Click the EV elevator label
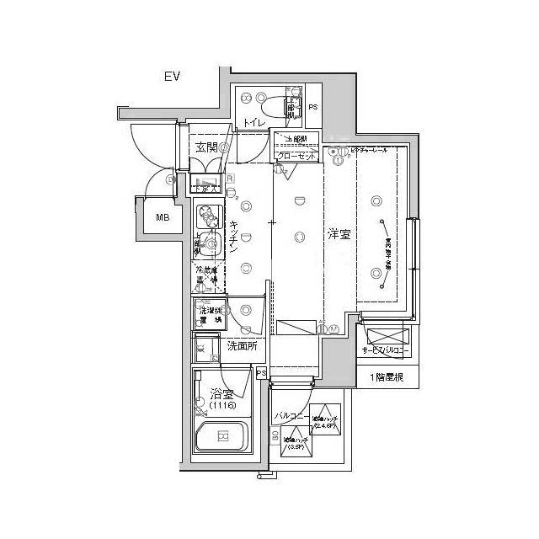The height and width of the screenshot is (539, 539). pyautogui.click(x=173, y=77)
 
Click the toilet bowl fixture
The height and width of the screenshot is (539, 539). pyautogui.click(x=275, y=108)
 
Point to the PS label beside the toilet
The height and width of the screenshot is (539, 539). pyautogui.click(x=312, y=108)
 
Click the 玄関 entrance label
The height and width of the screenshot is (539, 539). pyautogui.click(x=205, y=148)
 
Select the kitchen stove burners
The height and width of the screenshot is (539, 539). pyautogui.click(x=205, y=218)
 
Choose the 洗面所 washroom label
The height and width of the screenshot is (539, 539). pyautogui.click(x=242, y=345)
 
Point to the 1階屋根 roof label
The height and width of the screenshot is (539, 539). pyautogui.click(x=386, y=377)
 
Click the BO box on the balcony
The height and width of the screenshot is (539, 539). pyautogui.click(x=275, y=435)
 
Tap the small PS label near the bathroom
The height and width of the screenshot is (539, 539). pyautogui.click(x=261, y=373)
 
